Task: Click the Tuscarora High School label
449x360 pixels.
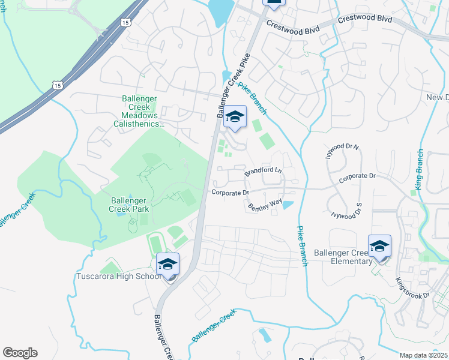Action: tap(118, 277)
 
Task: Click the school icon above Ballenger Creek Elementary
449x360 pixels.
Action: tap(379, 247)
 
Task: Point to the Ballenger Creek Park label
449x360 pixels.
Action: tap(137, 205)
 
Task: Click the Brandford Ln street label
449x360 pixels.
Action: tap(263, 171)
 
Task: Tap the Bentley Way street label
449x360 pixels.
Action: tap(265, 205)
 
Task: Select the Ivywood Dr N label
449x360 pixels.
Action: tap(342, 150)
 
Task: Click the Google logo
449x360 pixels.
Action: tap(20, 353)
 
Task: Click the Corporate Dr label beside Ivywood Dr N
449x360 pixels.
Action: tap(357, 177)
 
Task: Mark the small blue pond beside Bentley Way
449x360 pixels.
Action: tap(288, 205)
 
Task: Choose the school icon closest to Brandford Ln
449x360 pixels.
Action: tap(235, 118)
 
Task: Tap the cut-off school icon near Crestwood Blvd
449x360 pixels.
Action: tap(274, 3)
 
